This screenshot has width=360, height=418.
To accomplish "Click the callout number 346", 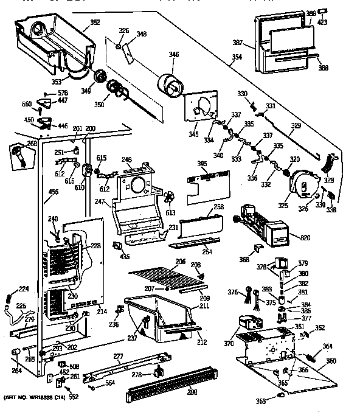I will coord(174,55).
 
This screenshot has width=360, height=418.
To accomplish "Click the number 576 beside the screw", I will coord(62,92).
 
